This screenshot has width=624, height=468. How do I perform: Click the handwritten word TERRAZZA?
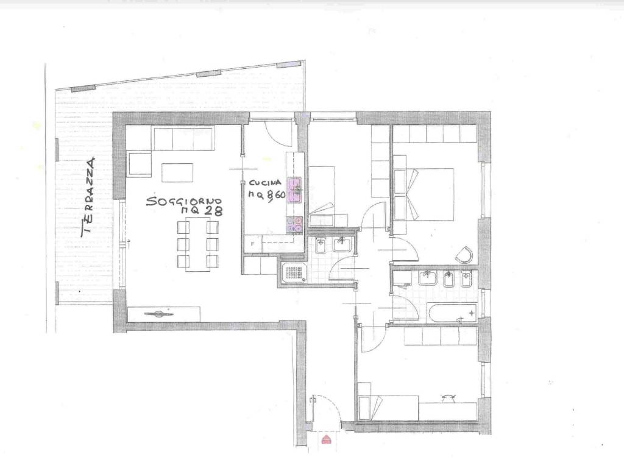(88, 197)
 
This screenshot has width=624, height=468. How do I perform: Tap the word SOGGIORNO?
(184, 201)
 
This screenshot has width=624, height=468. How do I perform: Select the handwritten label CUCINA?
(265, 183)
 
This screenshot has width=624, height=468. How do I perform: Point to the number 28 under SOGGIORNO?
(213, 211)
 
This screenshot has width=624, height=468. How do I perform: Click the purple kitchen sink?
(295, 190)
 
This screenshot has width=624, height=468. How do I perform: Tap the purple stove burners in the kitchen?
(294, 224)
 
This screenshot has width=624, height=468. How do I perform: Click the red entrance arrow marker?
(326, 439)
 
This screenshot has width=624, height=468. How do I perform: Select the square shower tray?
(294, 273)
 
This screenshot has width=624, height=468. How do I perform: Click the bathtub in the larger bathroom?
(453, 313)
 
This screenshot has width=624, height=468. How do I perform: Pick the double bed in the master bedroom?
(430, 194)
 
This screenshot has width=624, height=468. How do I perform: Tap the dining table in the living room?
(198, 244)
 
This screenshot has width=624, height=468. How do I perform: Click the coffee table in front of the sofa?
(177, 172)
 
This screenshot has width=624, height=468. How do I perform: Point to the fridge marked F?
(252, 244)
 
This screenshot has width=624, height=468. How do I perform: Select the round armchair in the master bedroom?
(464, 255)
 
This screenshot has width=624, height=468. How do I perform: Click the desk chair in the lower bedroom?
(448, 398)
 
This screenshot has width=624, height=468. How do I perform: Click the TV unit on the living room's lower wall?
(163, 314)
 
